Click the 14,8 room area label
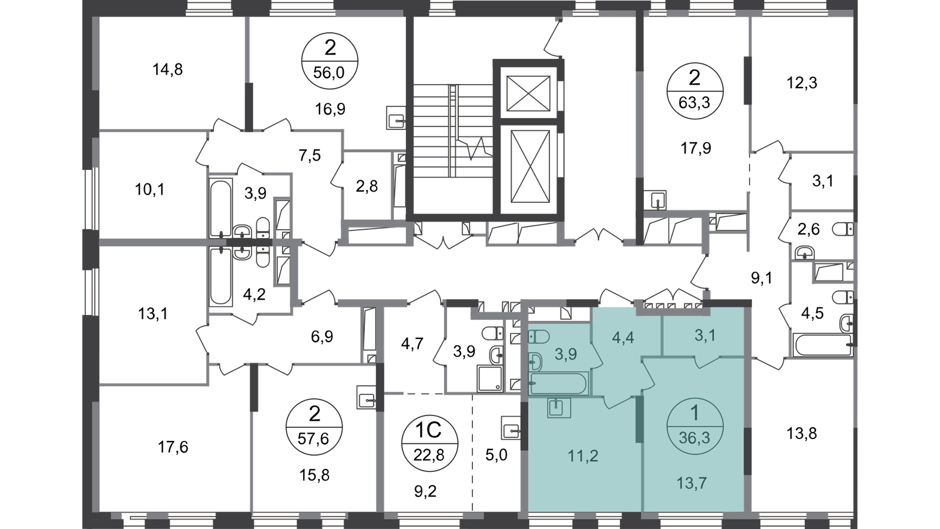[167, 69]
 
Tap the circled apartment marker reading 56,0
[330, 61]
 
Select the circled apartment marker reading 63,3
[694, 91]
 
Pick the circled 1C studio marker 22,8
[429, 443]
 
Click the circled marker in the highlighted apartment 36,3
[694, 426]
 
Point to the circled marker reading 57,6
[314, 427]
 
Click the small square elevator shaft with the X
[528, 93]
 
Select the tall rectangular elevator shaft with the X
[530, 166]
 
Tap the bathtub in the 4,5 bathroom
[822, 344]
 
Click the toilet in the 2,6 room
[843, 229]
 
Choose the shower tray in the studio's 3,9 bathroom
[490, 379]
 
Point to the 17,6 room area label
[173, 447]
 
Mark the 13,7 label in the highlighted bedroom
[691, 483]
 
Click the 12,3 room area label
[801, 83]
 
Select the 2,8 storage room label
[367, 186]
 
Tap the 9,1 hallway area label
[761, 278]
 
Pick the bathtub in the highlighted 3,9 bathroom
[559, 383]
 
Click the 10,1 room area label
[150, 190]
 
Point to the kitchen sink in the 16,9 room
[395, 117]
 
